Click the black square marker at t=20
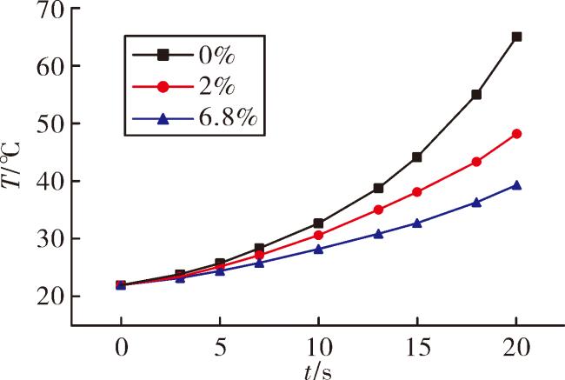(516, 37)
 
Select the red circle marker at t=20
(516, 134)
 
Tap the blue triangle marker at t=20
(516, 185)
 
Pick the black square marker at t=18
(476, 95)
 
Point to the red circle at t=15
(417, 192)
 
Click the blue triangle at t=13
(378, 234)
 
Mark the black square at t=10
(318, 223)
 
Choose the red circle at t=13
(378, 210)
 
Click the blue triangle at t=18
(476, 203)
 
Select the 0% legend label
(217, 56)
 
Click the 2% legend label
(217, 87)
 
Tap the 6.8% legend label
(228, 117)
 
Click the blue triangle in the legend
(163, 118)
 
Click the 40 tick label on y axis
(50, 182)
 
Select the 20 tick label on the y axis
(50, 297)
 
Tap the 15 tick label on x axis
(417, 348)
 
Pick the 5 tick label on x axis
(220, 348)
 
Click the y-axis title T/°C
(11, 165)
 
